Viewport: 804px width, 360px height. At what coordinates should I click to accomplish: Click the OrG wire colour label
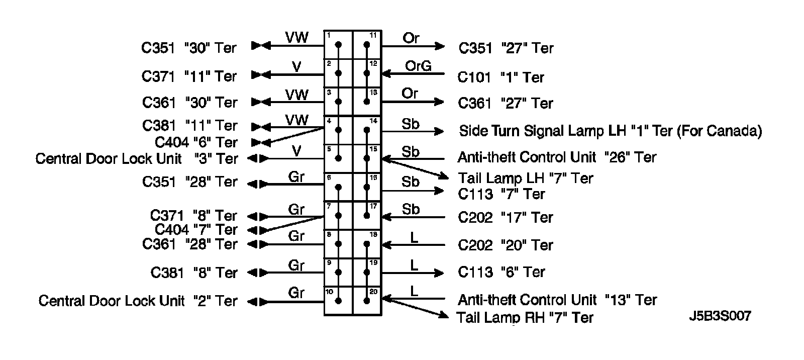click(x=418, y=66)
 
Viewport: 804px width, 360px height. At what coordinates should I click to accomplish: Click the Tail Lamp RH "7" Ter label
click(x=525, y=318)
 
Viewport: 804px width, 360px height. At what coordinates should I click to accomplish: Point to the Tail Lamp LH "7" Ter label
click(x=526, y=178)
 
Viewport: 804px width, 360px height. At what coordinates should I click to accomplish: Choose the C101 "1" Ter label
click(x=501, y=77)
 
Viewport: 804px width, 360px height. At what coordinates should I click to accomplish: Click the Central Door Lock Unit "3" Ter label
click(x=137, y=159)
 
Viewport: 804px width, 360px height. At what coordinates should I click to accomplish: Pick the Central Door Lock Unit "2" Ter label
click(x=138, y=301)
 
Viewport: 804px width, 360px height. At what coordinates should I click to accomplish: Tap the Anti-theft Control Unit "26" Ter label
click(x=557, y=157)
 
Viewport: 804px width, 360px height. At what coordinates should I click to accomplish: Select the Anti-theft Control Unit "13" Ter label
click(x=557, y=300)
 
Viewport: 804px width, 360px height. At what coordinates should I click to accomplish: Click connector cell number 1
click(x=339, y=45)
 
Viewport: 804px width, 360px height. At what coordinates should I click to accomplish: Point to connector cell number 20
click(x=367, y=301)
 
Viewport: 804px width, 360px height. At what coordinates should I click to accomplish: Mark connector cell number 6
click(x=339, y=187)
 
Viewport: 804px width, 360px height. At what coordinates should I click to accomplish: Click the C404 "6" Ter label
click(x=196, y=142)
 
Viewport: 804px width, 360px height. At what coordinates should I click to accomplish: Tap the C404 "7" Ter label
click(x=196, y=230)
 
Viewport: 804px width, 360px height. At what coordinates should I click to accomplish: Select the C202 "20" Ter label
click(x=505, y=245)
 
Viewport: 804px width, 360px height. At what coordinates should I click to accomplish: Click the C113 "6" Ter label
click(x=501, y=272)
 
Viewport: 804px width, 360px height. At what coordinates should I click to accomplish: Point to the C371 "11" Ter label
click(x=189, y=76)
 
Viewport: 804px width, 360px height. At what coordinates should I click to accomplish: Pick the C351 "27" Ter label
click(x=506, y=48)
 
